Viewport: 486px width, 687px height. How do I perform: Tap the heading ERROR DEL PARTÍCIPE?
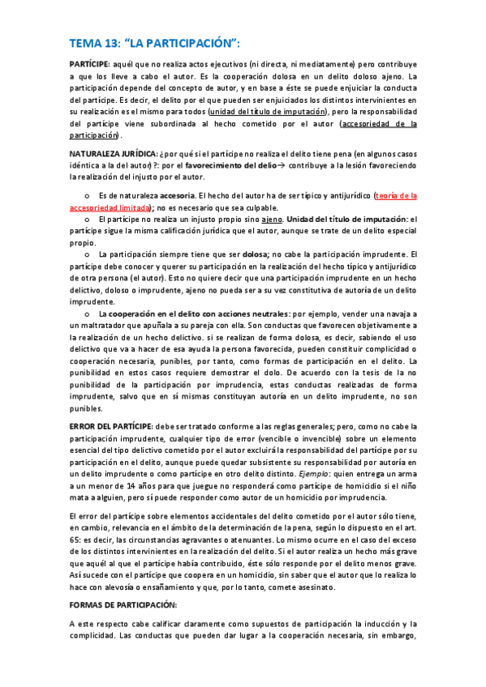(x=110, y=426)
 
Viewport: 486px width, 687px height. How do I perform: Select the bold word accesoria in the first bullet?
(x=178, y=195)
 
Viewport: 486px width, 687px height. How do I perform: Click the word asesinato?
(x=309, y=586)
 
